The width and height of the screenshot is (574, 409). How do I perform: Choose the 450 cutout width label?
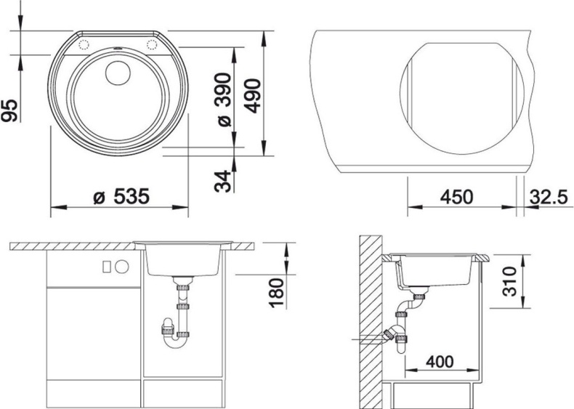click(x=456, y=197)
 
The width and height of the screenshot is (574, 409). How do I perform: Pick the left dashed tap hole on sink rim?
click(x=81, y=45)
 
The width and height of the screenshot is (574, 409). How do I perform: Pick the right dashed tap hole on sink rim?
click(x=153, y=45)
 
